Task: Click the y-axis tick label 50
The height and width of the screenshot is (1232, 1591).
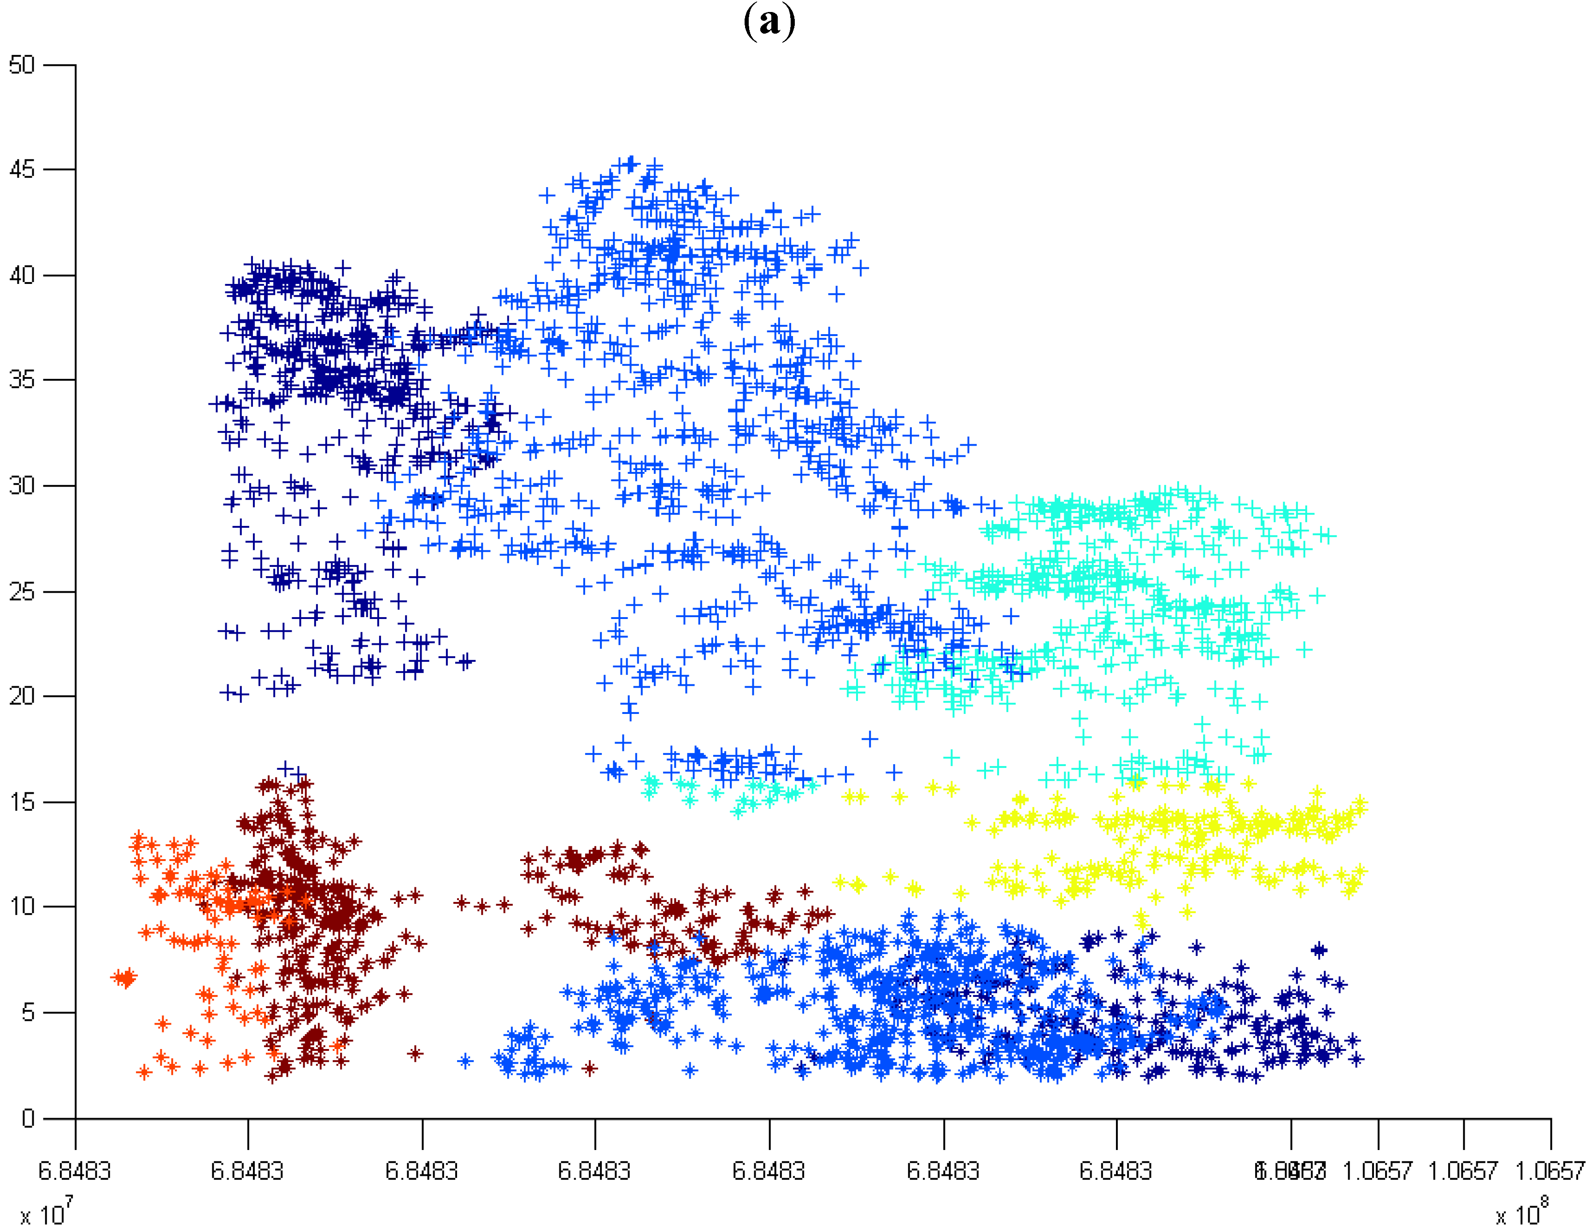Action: click(x=22, y=65)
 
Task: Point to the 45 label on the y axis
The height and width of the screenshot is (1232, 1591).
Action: click(x=22, y=170)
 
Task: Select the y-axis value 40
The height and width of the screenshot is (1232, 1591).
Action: click(x=22, y=276)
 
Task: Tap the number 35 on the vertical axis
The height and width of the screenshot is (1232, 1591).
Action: click(x=22, y=380)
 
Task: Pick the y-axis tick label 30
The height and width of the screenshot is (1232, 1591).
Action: click(x=22, y=485)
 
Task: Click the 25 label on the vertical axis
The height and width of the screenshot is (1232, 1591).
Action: click(x=22, y=591)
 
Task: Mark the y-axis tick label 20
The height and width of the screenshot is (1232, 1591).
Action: click(x=22, y=696)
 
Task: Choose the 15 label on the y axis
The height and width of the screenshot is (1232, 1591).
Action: click(x=22, y=802)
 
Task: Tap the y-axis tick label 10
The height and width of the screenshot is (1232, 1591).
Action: click(x=22, y=906)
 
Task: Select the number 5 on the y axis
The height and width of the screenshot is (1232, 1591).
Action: click(x=28, y=1012)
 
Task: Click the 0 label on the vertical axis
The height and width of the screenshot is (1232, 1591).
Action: click(x=28, y=1118)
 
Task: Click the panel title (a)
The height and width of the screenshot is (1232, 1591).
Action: click(x=769, y=22)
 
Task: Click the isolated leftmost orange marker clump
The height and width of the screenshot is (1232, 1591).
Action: click(x=124, y=978)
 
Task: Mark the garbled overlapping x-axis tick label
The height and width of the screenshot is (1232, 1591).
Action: click(x=1289, y=1171)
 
